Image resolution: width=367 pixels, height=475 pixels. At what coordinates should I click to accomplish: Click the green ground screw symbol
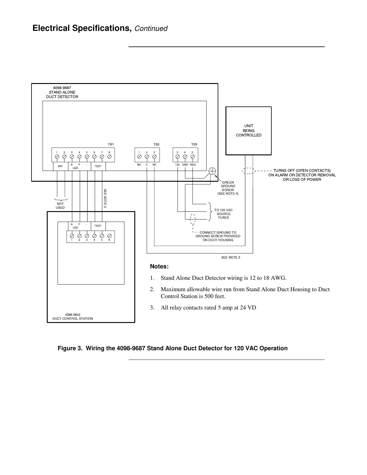click(x=212, y=171)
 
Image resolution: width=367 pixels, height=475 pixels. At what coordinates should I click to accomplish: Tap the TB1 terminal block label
click(x=111, y=145)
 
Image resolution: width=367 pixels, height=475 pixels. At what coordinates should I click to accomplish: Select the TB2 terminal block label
click(x=157, y=145)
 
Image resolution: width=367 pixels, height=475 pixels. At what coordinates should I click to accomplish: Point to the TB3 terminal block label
click(x=194, y=145)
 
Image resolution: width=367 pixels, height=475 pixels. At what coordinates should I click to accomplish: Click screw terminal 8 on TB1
click(x=109, y=157)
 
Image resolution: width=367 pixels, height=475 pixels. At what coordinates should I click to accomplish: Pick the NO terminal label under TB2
click(x=139, y=165)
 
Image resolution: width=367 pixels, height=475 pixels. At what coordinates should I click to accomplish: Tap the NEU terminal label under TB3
click(x=193, y=165)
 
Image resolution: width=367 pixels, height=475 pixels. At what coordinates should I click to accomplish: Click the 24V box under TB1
click(x=60, y=166)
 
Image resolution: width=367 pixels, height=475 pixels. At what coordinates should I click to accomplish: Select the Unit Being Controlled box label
click(x=249, y=130)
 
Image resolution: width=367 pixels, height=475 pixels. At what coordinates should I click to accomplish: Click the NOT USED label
click(x=60, y=205)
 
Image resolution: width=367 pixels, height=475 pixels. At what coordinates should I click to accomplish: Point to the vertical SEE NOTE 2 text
click(x=105, y=199)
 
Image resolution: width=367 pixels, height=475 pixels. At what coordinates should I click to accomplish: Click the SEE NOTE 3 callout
click(x=231, y=257)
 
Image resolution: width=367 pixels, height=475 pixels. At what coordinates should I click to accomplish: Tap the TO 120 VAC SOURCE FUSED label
click(x=223, y=214)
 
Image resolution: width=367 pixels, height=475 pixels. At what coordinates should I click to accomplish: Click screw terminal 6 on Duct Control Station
click(x=109, y=236)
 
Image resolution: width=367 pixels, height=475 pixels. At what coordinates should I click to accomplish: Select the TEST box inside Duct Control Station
click(x=98, y=226)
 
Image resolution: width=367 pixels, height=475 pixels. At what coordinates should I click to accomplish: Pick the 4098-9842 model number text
click(x=73, y=315)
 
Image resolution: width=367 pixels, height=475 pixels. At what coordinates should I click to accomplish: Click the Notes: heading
click(x=159, y=267)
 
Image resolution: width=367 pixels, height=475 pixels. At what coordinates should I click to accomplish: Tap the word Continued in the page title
click(x=151, y=29)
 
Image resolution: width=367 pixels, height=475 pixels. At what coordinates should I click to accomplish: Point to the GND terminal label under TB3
click(x=185, y=165)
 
